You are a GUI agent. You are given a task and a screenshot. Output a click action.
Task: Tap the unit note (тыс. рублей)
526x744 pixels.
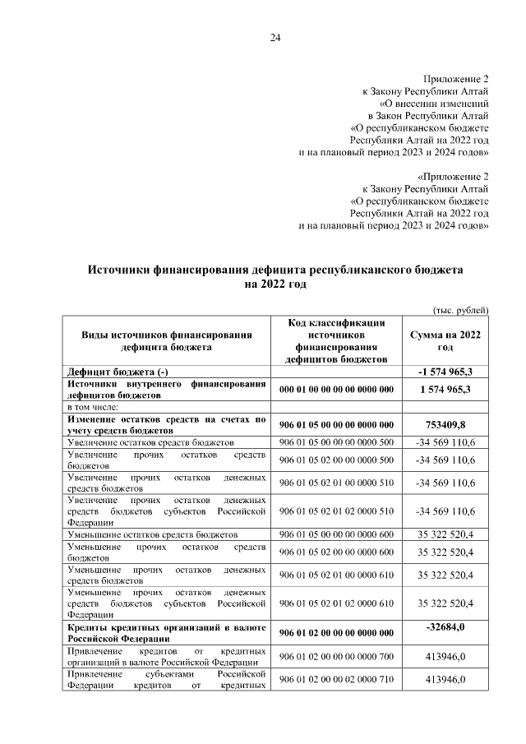click(461, 309)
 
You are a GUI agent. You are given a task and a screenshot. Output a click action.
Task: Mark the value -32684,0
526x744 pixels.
click(446, 627)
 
